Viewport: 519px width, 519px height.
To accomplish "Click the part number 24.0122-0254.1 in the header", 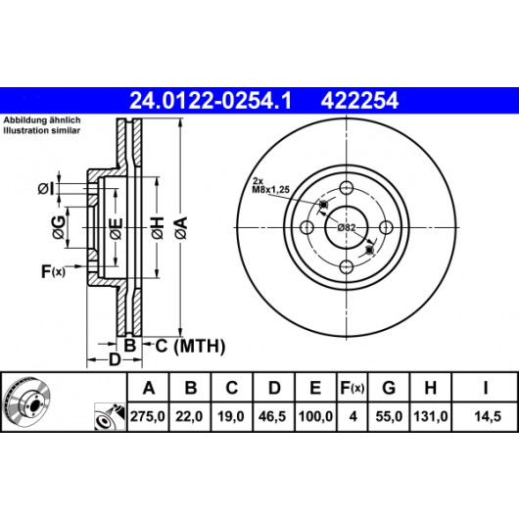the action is click(x=211, y=101).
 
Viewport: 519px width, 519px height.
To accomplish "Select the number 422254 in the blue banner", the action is click(x=359, y=101).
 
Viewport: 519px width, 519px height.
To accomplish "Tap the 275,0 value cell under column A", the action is click(x=148, y=416).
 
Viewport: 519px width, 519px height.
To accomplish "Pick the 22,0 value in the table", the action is click(x=189, y=416).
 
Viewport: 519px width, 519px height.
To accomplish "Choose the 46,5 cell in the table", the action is click(x=272, y=416).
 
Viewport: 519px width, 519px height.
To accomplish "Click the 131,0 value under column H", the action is click(x=431, y=416).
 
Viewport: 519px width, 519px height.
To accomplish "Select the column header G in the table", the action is click(x=389, y=387).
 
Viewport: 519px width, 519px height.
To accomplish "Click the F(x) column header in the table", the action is click(x=353, y=387).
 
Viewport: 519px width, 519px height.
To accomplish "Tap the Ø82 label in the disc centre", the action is click(x=347, y=228).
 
